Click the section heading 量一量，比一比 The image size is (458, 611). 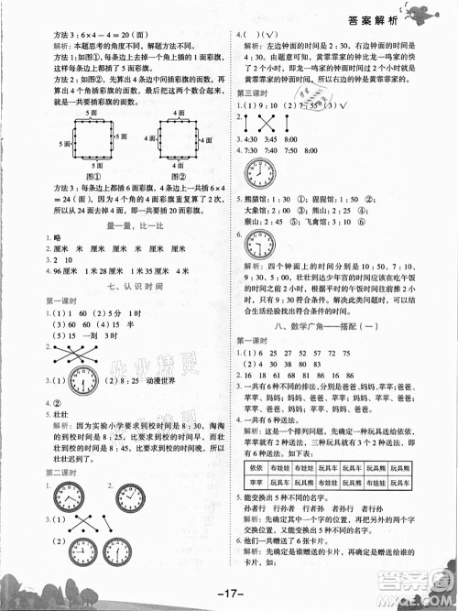[x=120, y=226]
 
